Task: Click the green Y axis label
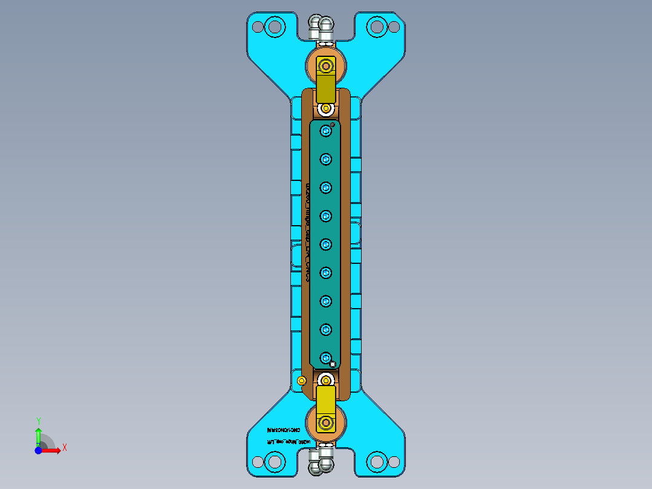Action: pos(39,421)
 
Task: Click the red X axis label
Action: pos(65,447)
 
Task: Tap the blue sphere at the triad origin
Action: pos(38,450)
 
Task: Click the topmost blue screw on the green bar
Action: pos(326,131)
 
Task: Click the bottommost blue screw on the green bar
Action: pos(326,358)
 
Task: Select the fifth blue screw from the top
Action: pos(326,244)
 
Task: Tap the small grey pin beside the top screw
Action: pos(333,124)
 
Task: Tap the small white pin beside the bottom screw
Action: pos(333,364)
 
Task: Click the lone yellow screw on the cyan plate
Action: pos(302,380)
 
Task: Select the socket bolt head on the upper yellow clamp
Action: pos(327,65)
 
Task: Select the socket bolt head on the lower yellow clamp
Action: pos(327,422)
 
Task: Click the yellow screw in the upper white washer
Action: pos(326,109)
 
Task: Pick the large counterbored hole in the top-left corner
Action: pos(275,27)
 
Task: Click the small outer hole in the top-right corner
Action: pos(394,27)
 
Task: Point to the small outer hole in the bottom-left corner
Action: pos(258,462)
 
